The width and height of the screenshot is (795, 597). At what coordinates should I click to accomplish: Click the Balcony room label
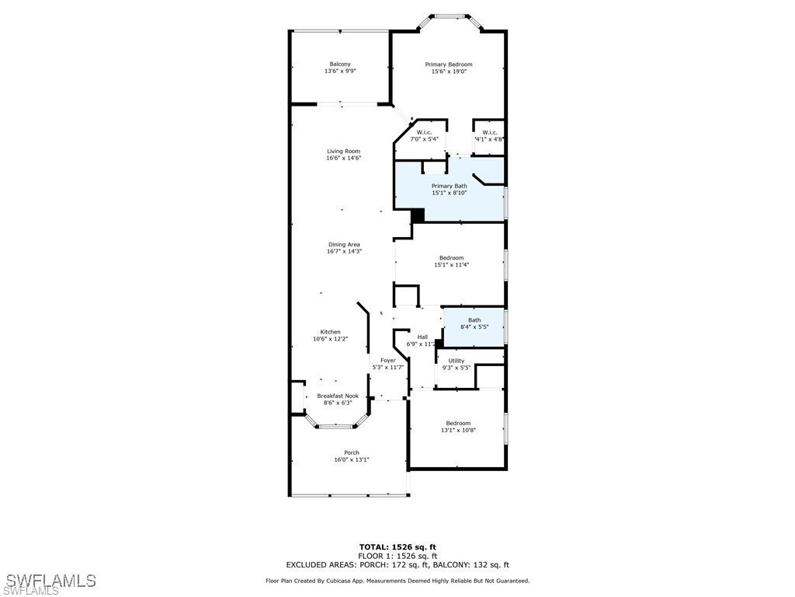(339, 64)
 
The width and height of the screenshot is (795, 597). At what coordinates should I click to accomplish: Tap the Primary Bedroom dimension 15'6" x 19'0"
(448, 72)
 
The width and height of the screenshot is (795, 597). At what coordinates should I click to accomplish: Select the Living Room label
(343, 152)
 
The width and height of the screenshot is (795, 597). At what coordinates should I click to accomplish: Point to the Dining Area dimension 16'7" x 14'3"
(345, 251)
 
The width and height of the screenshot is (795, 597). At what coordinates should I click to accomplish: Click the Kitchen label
(331, 332)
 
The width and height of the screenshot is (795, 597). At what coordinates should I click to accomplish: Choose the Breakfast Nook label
(338, 396)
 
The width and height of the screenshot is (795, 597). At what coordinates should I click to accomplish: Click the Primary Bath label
(450, 186)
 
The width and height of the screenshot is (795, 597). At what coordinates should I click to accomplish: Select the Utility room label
(457, 361)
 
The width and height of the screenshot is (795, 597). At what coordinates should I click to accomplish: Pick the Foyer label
(387, 361)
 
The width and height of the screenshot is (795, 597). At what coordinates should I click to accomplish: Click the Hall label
(422, 337)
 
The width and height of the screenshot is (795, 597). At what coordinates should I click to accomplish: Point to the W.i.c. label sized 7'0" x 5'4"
(424, 132)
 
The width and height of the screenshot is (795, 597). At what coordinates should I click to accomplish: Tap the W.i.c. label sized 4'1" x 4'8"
(490, 132)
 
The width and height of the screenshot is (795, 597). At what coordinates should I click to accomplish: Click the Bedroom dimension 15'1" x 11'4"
(451, 264)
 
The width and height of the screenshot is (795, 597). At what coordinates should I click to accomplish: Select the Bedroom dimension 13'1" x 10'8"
(458, 430)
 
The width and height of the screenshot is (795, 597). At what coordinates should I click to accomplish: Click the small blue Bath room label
(474, 320)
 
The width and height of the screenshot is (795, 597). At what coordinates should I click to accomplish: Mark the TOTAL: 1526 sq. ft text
(397, 546)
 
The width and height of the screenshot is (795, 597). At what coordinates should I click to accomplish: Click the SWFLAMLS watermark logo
(50, 581)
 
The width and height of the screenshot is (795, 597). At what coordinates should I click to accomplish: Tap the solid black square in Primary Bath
(418, 215)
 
